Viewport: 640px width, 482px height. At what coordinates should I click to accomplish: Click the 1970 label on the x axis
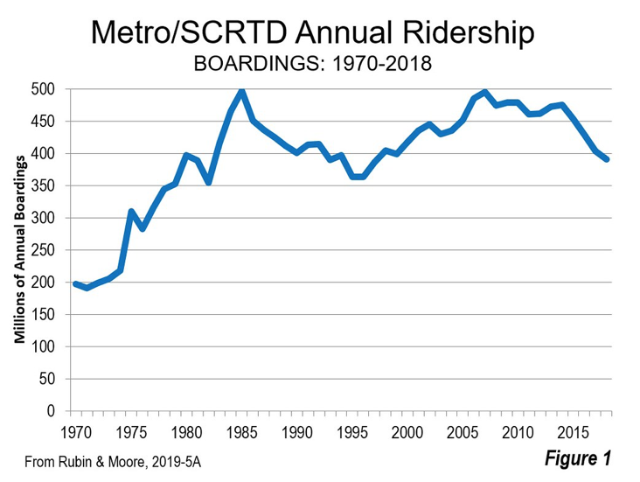click(x=75, y=431)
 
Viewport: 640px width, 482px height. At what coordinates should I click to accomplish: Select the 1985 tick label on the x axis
click(x=242, y=431)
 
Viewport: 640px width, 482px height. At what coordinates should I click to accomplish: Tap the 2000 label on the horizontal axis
click(x=408, y=431)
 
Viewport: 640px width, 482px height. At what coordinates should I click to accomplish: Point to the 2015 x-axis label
click(x=574, y=431)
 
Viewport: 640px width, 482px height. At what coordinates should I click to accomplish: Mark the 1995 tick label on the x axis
click(x=352, y=431)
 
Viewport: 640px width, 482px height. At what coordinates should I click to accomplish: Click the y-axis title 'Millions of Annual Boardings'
click(x=17, y=250)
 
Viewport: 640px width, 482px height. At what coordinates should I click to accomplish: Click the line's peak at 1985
click(x=241, y=89)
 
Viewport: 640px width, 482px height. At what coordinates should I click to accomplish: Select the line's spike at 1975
click(x=130, y=212)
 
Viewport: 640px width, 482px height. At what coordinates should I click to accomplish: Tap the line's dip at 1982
click(x=208, y=182)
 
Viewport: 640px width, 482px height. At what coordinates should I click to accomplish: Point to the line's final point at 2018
click(x=607, y=159)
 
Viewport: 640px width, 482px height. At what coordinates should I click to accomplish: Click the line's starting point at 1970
click(x=75, y=283)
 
